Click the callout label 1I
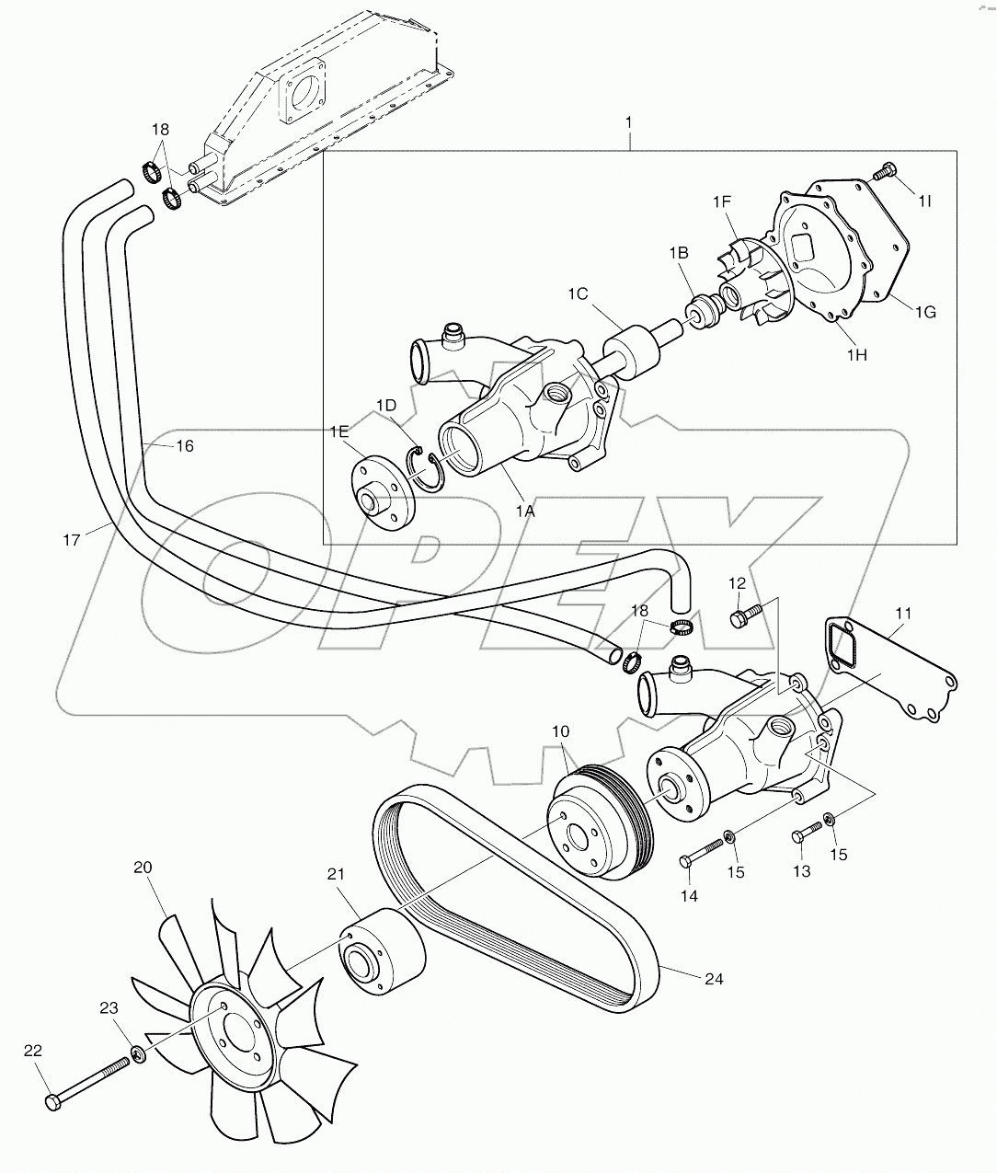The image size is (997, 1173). click(x=923, y=200)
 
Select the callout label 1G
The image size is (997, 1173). click(x=924, y=312)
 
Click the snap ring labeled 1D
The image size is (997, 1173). click(x=426, y=466)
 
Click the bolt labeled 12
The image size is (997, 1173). click(x=743, y=615)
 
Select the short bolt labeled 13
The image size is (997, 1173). click(x=806, y=834)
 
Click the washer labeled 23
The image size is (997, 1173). click(x=137, y=1052)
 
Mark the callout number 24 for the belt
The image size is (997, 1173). click(x=713, y=979)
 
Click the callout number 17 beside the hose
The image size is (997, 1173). click(x=72, y=540)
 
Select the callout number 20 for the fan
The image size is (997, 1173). click(x=143, y=867)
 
